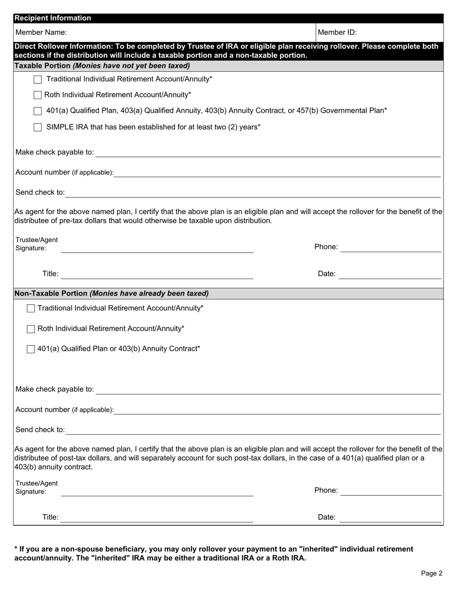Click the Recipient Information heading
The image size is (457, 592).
(x=52, y=18)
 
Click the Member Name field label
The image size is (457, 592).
(x=41, y=33)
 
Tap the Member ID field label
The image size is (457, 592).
(x=337, y=33)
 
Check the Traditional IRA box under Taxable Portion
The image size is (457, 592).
(x=38, y=79)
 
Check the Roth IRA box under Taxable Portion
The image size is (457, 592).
(x=38, y=95)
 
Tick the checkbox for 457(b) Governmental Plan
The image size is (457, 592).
(x=38, y=111)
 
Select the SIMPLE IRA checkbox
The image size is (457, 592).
(x=38, y=128)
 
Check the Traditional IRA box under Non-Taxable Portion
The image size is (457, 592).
(x=31, y=309)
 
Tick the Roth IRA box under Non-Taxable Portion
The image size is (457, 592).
(x=31, y=329)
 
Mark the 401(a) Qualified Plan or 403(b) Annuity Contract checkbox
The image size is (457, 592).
(x=31, y=349)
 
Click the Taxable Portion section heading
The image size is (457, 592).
(x=102, y=65)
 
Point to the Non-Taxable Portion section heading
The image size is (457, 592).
(x=112, y=293)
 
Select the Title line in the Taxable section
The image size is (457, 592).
(x=157, y=275)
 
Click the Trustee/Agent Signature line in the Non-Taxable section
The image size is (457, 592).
(x=157, y=492)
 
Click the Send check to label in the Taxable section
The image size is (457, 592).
(x=40, y=193)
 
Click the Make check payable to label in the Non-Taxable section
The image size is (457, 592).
(x=55, y=389)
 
